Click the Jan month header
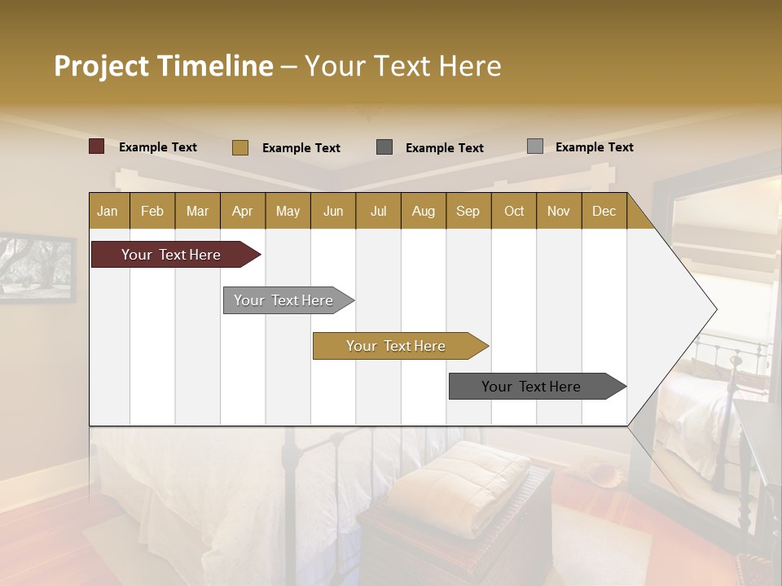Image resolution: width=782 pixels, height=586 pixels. point(108,211)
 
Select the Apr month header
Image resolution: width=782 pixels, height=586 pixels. point(243,211)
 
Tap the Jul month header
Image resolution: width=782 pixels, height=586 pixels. point(378,211)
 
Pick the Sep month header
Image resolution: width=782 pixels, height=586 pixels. point(468,211)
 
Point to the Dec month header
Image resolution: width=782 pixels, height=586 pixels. point(604,211)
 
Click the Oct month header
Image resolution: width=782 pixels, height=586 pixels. point(513,211)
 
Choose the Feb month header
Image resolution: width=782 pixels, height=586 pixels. point(152,211)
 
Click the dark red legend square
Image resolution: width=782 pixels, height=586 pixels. point(97,146)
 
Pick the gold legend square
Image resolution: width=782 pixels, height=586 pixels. point(240,147)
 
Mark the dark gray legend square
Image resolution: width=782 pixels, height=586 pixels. point(384,147)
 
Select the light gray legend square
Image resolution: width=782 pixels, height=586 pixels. point(535,146)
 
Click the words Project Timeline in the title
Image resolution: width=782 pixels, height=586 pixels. point(163,66)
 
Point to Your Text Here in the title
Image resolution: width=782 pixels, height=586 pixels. point(403,66)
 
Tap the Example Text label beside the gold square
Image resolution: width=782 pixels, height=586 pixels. point(301,148)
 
